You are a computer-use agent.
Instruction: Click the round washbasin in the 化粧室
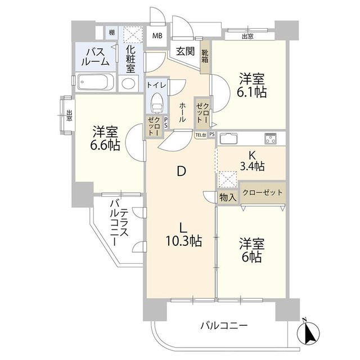(128, 83)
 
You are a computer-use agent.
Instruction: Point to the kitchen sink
(229, 138)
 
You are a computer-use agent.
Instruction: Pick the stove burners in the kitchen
(271, 138)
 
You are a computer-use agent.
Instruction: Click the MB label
(157, 35)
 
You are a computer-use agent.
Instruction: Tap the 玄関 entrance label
(185, 51)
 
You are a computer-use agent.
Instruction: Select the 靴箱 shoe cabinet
(205, 57)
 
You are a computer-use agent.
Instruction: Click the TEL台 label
(200, 135)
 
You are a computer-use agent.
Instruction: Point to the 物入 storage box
(228, 197)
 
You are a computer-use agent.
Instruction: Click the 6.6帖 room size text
(105, 145)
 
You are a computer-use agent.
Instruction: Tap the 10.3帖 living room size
(184, 241)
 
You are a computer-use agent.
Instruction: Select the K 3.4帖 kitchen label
(252, 161)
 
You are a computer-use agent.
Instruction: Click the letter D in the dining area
(181, 171)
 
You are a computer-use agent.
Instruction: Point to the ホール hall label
(182, 112)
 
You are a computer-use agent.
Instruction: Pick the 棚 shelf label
(112, 33)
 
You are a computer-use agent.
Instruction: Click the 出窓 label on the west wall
(69, 115)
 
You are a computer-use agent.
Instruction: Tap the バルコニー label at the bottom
(224, 325)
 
